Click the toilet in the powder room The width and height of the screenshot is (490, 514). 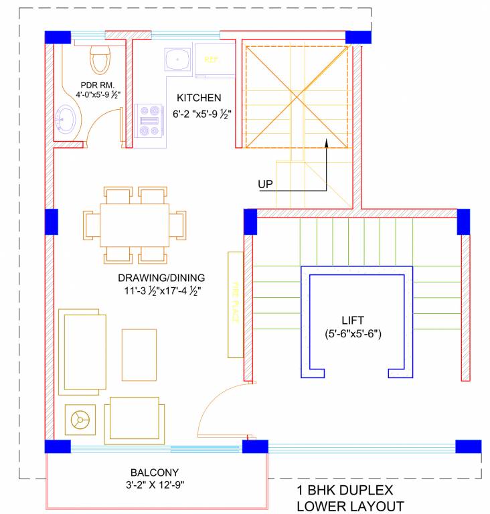point(100,60)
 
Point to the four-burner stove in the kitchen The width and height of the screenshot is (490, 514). point(149,121)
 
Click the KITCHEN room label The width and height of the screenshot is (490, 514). point(199,98)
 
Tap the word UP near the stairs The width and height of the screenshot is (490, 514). point(266,183)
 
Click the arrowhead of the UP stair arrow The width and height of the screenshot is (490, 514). point(327,142)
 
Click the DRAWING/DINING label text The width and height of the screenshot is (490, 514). point(161,278)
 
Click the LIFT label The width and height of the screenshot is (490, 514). point(353,320)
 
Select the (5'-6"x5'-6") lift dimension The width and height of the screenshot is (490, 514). point(353,333)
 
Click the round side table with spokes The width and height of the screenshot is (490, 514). point(80,420)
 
